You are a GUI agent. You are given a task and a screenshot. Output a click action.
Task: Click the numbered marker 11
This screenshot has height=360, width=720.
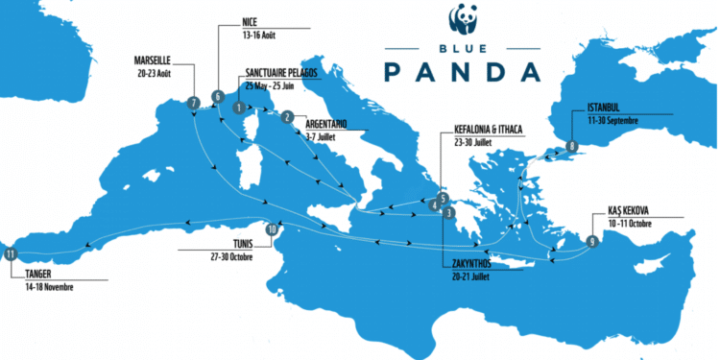(x=11, y=254)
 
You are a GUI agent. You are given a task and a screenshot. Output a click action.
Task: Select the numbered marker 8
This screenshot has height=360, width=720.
(x=571, y=147)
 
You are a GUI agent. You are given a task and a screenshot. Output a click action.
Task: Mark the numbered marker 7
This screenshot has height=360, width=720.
(x=195, y=103)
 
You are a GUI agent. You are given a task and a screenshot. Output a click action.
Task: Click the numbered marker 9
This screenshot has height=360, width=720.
(x=591, y=242)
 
